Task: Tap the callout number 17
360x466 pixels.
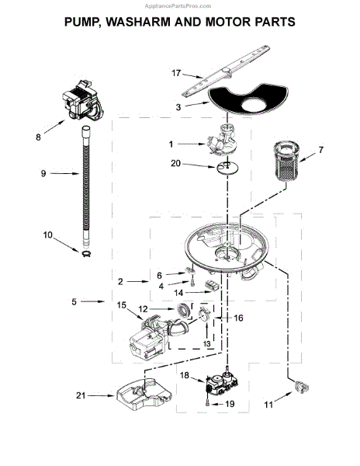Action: (x=177, y=75)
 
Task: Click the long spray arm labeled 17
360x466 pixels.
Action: (x=233, y=70)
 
